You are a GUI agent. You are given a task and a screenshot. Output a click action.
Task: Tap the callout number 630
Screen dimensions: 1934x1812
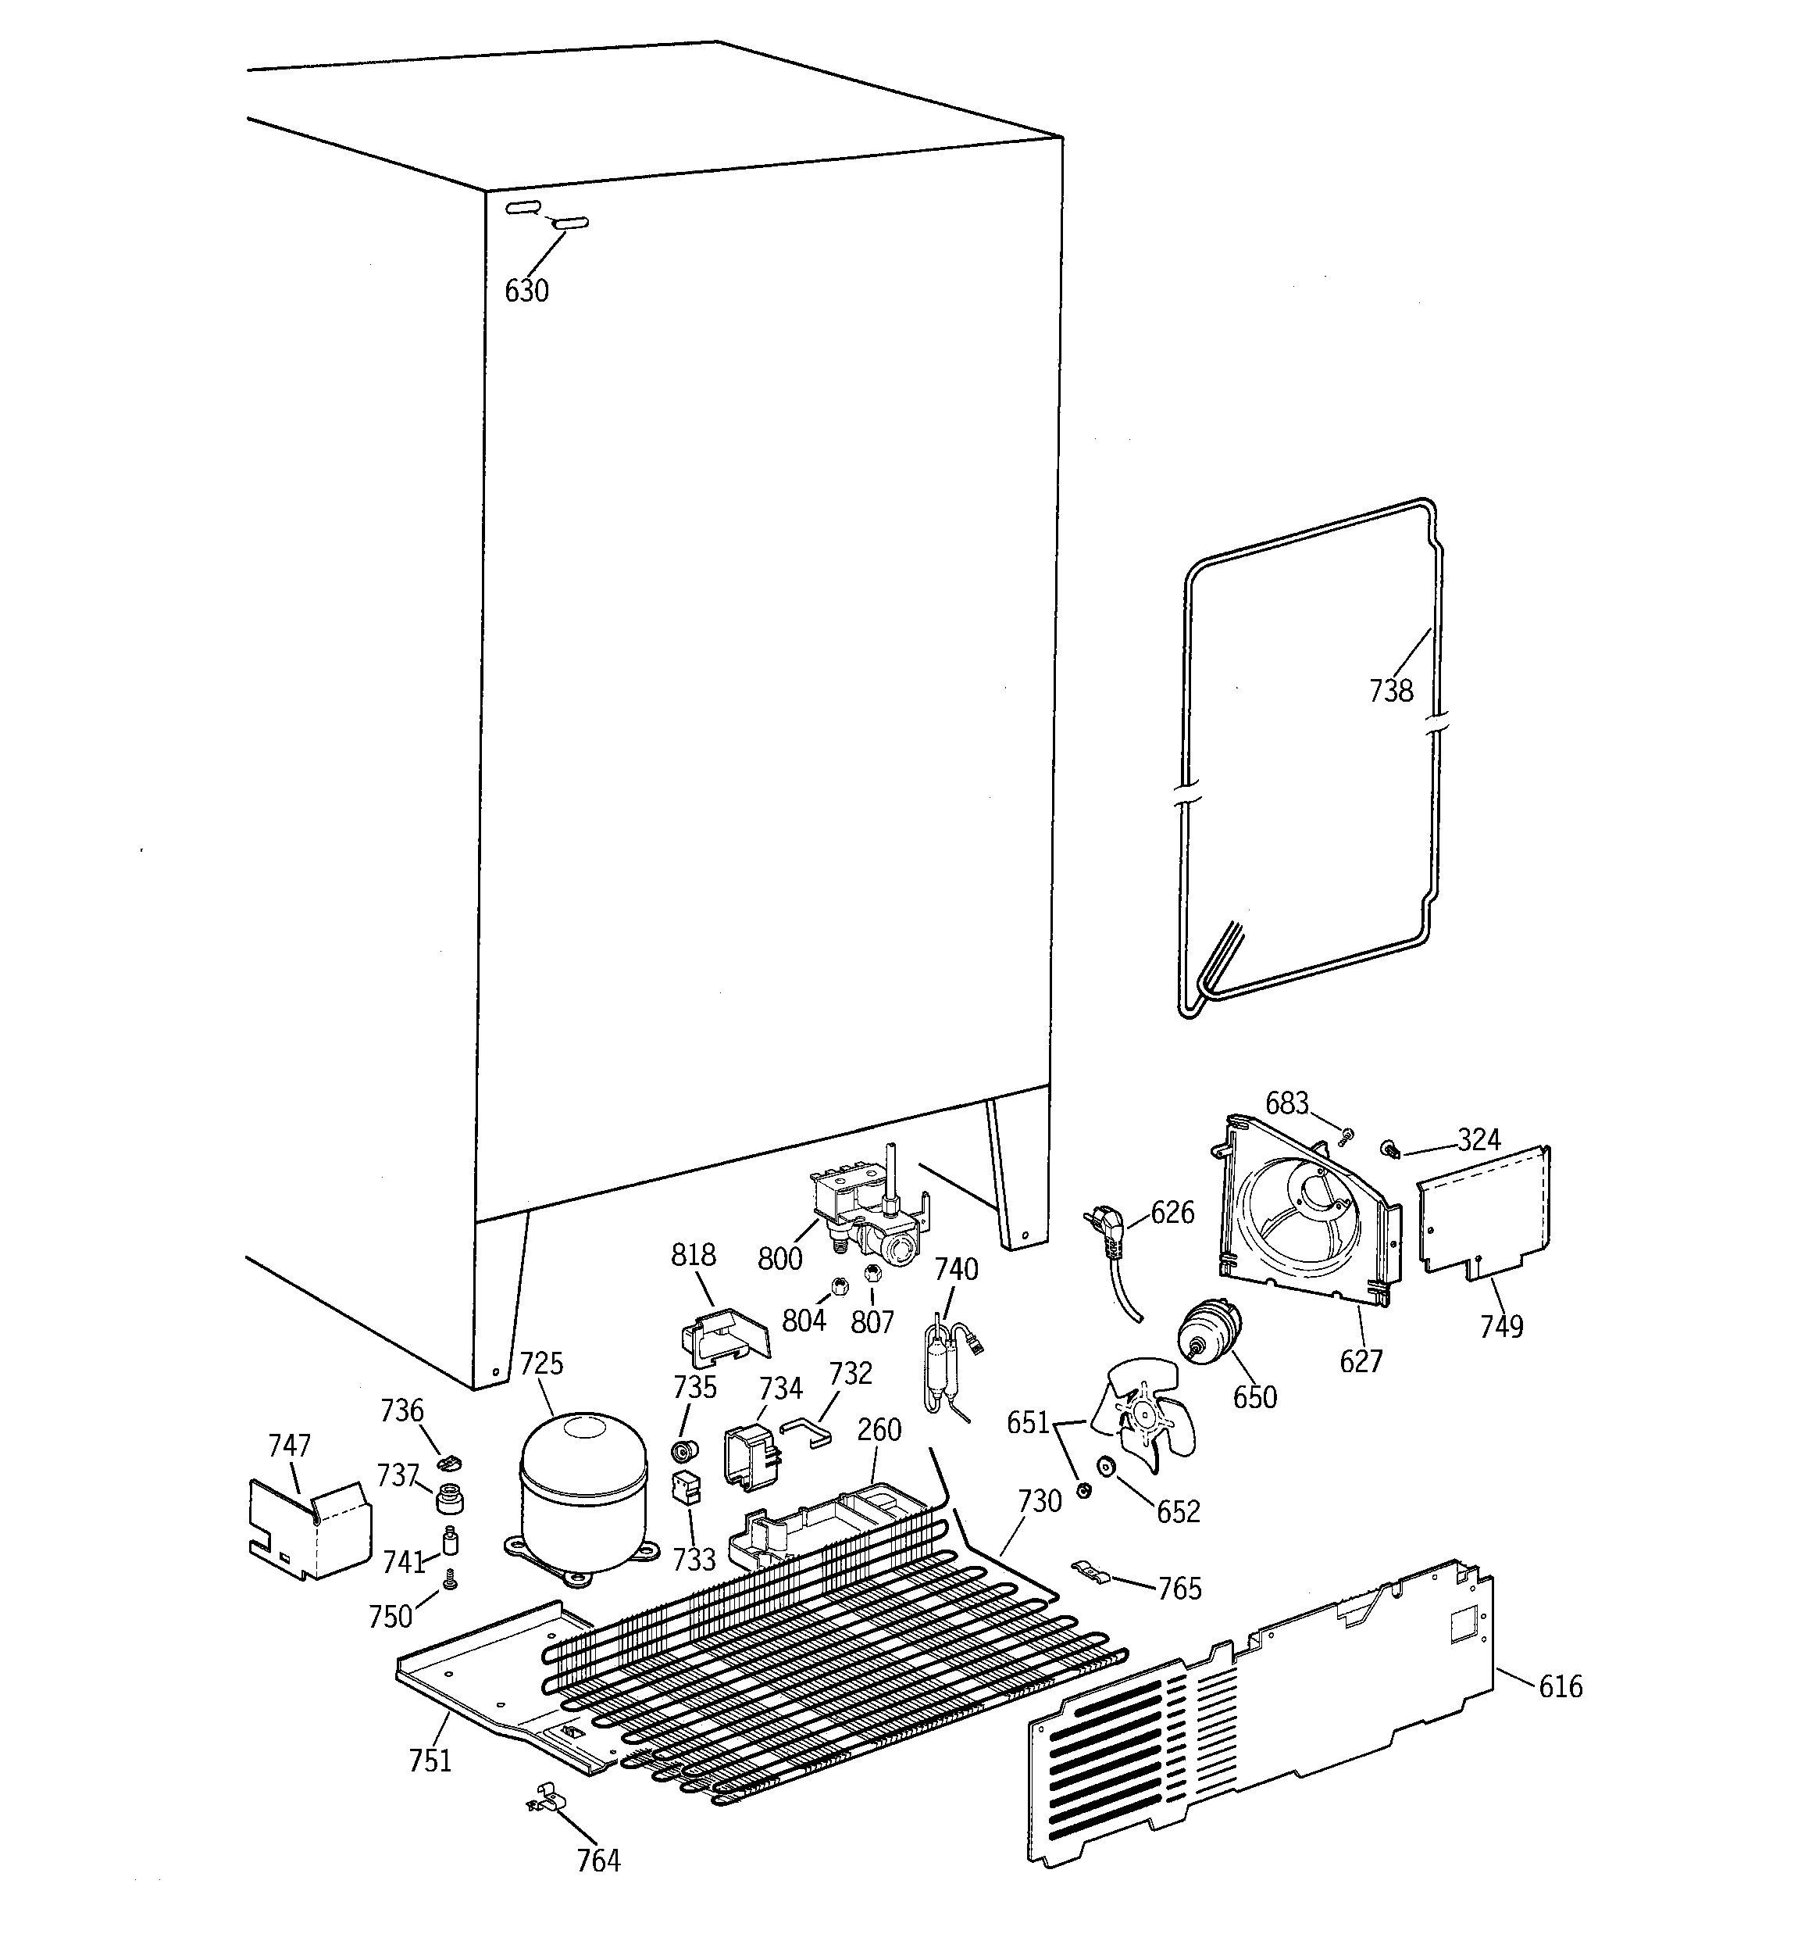(526, 291)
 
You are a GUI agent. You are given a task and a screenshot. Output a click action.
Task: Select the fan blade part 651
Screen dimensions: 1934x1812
(1138, 1421)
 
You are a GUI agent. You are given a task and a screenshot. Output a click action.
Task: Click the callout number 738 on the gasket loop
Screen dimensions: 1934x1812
(1390, 691)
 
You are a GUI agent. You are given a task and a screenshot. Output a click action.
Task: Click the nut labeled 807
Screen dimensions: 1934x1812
(872, 1274)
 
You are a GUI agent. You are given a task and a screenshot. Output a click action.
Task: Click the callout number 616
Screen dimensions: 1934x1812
(1560, 1686)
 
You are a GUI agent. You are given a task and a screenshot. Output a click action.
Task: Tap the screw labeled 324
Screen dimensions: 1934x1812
(1390, 1151)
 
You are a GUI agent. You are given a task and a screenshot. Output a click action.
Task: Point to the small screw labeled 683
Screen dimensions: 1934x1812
(1347, 1135)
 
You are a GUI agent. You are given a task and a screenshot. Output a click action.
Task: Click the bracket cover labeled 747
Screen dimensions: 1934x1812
(309, 1528)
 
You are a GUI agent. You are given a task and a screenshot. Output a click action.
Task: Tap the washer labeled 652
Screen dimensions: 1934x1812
(1105, 1466)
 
